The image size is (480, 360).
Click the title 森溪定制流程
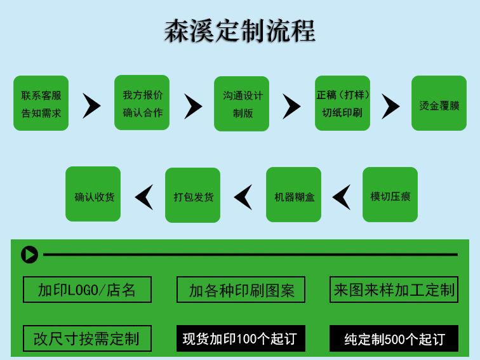(x=240, y=30)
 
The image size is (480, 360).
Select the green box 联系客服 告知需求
(x=41, y=103)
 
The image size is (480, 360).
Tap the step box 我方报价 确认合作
(x=142, y=102)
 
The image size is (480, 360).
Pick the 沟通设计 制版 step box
(x=242, y=103)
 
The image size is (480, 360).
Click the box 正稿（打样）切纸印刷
(x=343, y=103)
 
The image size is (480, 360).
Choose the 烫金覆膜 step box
(x=439, y=103)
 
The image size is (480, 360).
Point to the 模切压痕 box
(x=390, y=195)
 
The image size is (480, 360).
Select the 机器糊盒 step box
(x=294, y=195)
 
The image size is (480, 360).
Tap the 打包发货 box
(x=193, y=195)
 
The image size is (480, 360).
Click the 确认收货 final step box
(x=93, y=194)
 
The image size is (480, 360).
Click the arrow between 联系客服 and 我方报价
(x=91, y=105)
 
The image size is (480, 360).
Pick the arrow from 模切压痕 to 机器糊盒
(x=342, y=197)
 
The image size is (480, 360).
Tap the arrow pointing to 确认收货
(x=144, y=197)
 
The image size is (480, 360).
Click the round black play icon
(x=29, y=255)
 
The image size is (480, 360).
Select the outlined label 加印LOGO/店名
(x=87, y=290)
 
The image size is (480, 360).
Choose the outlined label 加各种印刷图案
(x=241, y=290)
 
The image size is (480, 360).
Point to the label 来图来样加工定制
(x=394, y=290)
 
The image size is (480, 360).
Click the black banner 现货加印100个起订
(x=241, y=338)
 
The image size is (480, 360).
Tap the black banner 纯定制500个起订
(x=394, y=338)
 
